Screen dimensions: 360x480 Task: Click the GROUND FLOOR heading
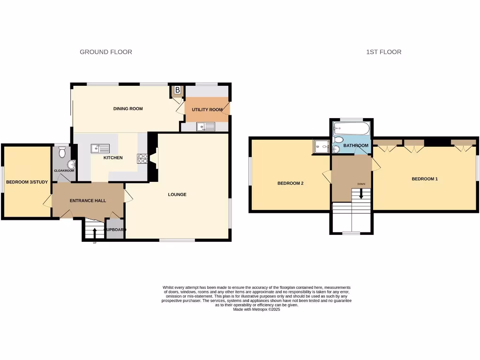106,52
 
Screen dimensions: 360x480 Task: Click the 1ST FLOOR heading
383,52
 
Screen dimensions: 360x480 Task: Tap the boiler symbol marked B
178,90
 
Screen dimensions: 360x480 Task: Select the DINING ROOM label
128,109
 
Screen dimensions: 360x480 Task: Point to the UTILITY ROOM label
207,110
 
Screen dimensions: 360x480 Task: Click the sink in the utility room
206,126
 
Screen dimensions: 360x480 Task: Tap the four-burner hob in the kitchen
142,158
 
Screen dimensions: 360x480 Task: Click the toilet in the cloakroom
63,152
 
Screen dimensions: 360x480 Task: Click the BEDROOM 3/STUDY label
27,182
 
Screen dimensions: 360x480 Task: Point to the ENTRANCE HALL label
88,201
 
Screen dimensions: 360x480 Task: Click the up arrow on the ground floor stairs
95,232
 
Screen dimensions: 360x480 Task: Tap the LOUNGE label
178,195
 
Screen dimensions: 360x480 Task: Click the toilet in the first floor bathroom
339,140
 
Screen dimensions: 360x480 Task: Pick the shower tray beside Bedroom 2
322,147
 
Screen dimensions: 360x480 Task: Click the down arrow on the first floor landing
361,193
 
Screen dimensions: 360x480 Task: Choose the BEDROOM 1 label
425,179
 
